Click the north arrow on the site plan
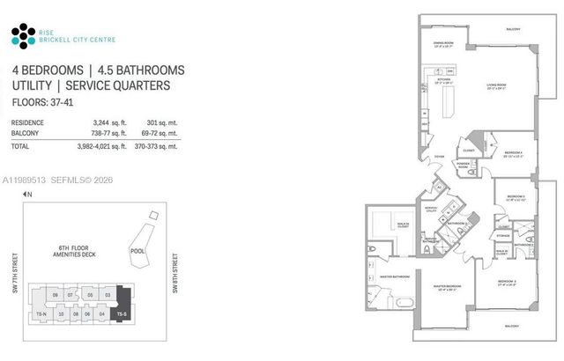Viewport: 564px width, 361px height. [27, 193]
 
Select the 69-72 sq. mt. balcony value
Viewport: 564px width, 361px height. [163, 134]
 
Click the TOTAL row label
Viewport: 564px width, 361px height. [20, 146]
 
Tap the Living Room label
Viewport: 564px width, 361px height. [501, 85]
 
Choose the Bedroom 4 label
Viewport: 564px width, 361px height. [514, 153]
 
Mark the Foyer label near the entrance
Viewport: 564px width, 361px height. [438, 156]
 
